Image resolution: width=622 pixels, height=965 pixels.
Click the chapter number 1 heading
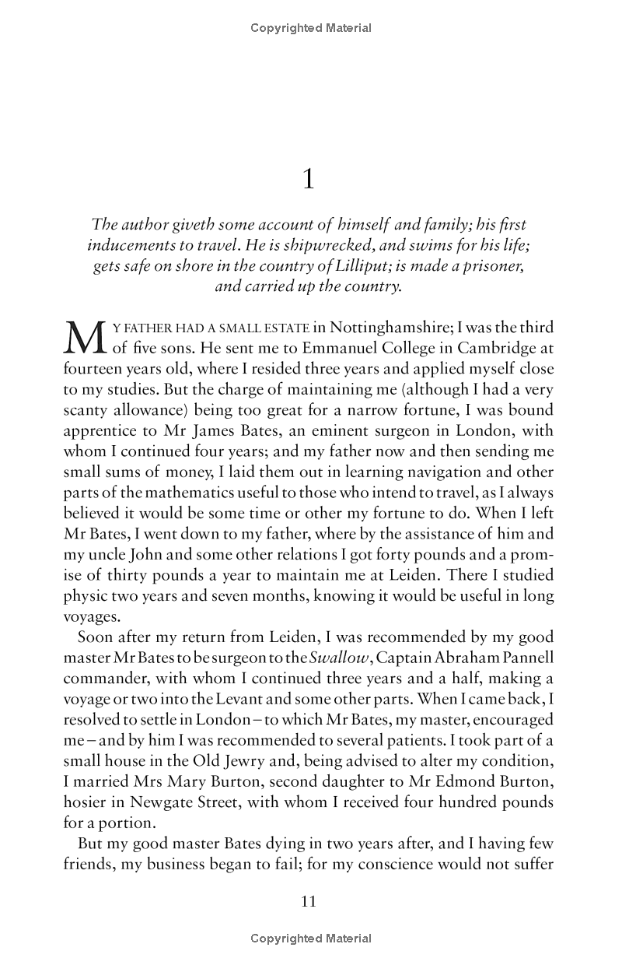[x=309, y=180]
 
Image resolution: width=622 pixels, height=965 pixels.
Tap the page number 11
[x=309, y=902]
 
